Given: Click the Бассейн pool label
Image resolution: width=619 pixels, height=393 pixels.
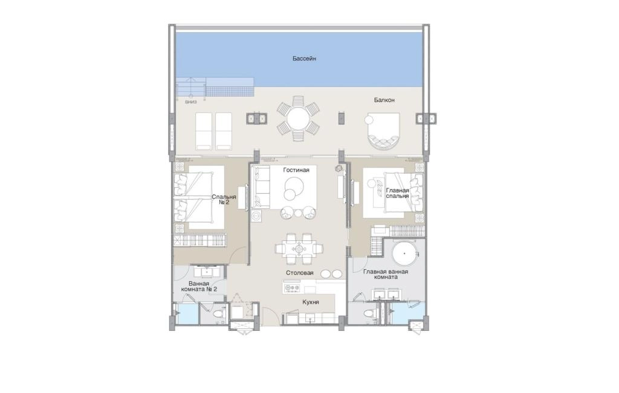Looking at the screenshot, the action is coord(304,59).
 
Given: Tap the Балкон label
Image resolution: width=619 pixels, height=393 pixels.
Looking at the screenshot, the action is coord(384,100).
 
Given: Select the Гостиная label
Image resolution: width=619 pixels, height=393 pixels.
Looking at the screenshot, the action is coord(296,170).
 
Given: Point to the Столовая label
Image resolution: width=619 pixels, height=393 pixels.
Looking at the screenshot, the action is coord(300,273).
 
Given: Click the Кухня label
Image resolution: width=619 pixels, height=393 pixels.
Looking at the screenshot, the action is coord(311,302).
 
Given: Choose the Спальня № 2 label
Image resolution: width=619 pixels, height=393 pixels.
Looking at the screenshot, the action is coord(224,199).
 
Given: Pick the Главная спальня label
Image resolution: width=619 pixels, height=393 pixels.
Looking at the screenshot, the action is coord(397,193).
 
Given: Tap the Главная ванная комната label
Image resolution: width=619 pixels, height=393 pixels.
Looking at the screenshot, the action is coord(386,274).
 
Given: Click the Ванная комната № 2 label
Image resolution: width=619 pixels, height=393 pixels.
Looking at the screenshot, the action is coord(199,286).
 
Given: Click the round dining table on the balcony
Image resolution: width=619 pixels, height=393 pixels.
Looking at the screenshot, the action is coord(299,119).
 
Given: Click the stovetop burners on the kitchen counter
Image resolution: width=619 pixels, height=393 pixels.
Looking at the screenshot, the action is coord(292,288).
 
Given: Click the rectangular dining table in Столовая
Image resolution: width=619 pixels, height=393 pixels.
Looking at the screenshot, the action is coord(299,249).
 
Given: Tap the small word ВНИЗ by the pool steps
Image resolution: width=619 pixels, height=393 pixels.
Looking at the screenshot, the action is coord(190,101).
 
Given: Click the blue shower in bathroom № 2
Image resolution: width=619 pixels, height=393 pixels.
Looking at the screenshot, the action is coord(187,314).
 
